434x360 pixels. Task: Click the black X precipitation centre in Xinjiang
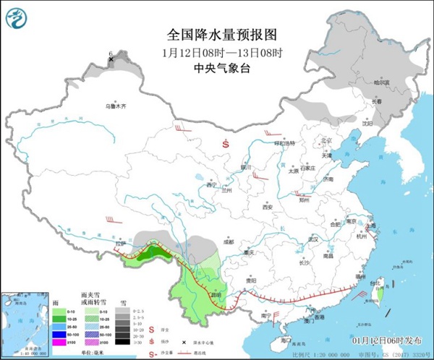coord(111,60)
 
